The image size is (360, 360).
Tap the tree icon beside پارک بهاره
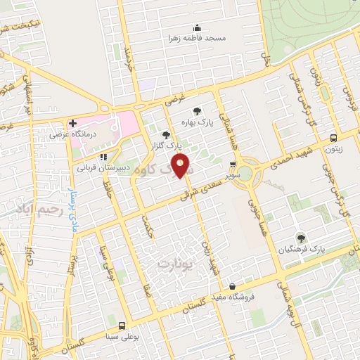point(198,110)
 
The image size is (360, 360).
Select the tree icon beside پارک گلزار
point(166,134)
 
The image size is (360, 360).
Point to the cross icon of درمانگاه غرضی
point(72,122)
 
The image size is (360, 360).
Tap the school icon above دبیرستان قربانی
point(103,157)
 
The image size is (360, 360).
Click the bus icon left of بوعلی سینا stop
point(122,326)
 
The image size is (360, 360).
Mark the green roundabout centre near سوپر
point(246,172)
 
